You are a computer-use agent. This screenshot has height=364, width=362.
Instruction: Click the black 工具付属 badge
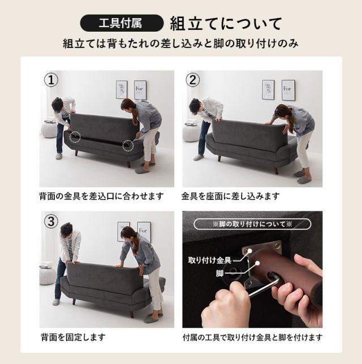pos(122,23)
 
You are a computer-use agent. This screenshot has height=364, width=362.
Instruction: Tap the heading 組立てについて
pos(226,24)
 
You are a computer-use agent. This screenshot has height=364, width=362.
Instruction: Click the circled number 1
pos(51,80)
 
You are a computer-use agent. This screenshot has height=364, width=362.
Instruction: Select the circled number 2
pos(193,80)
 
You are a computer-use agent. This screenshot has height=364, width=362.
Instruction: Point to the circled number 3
pos(51,221)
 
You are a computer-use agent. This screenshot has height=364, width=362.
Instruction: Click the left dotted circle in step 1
pos(75,137)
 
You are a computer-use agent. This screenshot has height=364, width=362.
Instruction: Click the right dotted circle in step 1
pos(128,146)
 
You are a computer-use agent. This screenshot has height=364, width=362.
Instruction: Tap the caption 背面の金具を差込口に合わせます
pos(101,196)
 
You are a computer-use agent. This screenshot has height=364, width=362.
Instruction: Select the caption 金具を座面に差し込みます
pos(230,196)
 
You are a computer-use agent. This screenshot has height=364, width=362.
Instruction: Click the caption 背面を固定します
pos(73,337)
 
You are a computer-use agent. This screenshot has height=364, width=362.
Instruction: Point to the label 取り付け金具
pos(210,260)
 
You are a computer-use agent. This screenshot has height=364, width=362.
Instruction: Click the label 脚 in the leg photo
pos(219,274)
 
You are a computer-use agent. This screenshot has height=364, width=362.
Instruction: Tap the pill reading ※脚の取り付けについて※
pos(252,224)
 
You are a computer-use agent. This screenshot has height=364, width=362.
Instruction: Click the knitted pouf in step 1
pos(49,130)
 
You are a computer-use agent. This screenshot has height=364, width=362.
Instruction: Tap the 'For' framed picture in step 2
pos(288,90)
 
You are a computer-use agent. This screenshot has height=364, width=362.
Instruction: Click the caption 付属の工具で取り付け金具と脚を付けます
pos(253,337)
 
